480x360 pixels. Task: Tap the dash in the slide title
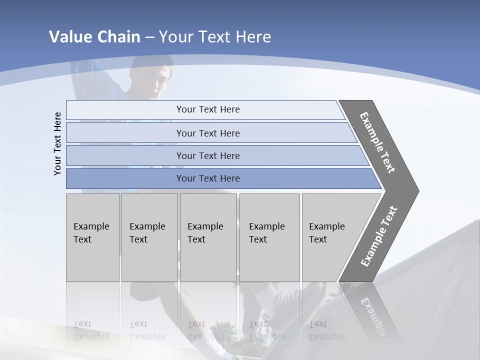coord(149,37)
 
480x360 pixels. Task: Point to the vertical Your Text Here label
coord(57,143)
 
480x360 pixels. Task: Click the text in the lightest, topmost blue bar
coord(208,109)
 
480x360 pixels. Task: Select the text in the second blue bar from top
coord(208,133)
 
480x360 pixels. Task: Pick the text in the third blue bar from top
coord(208,155)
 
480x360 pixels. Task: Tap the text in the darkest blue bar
coord(208,178)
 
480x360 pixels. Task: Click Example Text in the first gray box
coord(91,233)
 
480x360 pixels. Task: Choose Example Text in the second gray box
coord(147,233)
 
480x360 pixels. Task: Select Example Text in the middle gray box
coord(205,233)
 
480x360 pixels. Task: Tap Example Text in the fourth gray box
coord(266,233)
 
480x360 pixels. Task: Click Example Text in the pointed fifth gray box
coord(326,233)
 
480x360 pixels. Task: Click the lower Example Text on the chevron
coord(379,236)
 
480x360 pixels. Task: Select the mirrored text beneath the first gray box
coord(91,330)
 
